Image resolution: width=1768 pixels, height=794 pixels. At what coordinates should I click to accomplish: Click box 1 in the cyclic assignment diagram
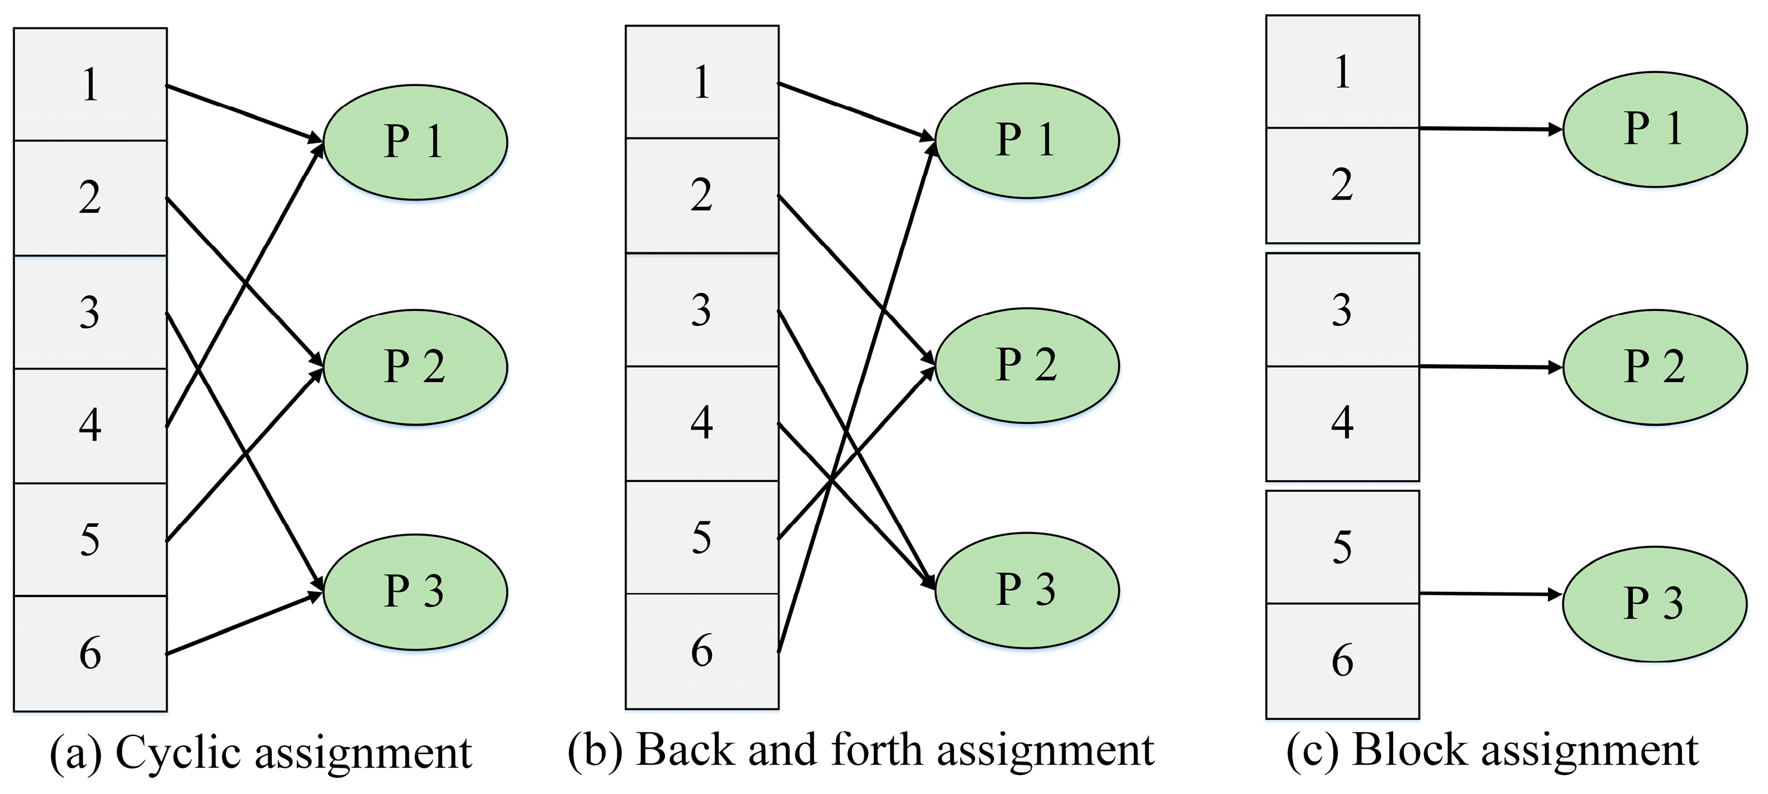point(90,84)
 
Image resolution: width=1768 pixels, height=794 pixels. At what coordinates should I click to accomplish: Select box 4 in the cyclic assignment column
point(90,426)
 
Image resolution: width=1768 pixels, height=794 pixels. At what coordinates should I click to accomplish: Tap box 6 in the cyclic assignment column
point(90,653)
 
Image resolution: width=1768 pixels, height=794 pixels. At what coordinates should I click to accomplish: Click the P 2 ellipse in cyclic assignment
point(415,367)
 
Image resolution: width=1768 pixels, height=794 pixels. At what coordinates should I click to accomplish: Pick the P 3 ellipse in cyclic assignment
point(415,591)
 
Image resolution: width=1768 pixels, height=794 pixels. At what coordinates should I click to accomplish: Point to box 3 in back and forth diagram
point(702,310)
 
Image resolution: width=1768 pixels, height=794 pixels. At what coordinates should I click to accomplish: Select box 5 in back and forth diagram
point(702,537)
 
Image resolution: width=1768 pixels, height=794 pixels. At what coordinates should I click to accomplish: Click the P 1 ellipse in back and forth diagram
point(1027,140)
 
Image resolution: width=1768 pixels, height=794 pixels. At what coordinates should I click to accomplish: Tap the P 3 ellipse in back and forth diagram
point(1027,590)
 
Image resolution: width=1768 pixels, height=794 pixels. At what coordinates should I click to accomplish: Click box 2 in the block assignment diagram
point(1342,185)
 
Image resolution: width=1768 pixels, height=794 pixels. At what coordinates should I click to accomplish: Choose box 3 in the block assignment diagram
point(1342,310)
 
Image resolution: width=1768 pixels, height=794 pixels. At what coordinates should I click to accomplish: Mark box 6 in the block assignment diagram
point(1342,661)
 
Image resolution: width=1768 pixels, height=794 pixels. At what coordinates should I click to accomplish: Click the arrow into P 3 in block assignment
point(1489,594)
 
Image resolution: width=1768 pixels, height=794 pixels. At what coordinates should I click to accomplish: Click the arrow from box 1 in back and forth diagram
point(855,111)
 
